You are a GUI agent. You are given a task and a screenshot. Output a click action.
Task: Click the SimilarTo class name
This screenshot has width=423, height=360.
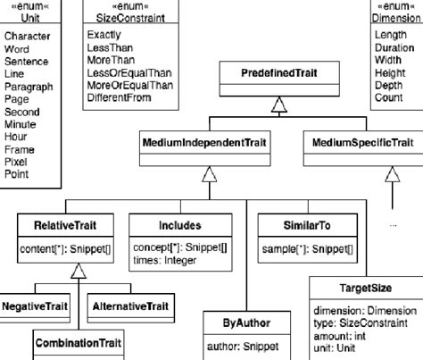307,226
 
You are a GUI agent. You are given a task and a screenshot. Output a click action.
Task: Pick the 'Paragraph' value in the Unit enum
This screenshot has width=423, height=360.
29,87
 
